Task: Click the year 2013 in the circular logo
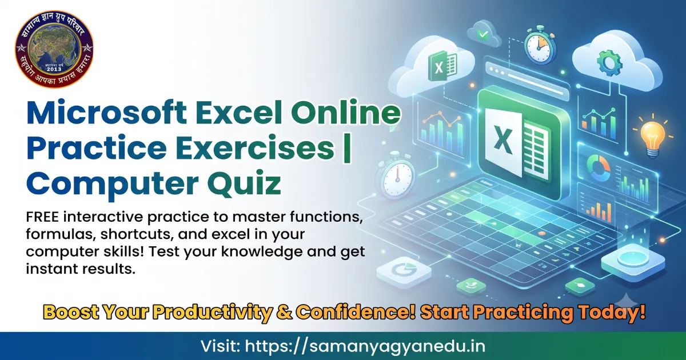(x=54, y=69)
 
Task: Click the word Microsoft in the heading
(x=107, y=113)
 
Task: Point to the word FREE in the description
(x=42, y=217)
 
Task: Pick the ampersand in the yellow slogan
(x=284, y=313)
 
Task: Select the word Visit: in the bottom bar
(x=221, y=346)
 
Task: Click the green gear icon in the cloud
(x=609, y=63)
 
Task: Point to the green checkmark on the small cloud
(x=484, y=34)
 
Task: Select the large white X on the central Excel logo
(x=503, y=142)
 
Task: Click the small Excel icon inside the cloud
(x=442, y=66)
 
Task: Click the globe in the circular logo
(x=54, y=50)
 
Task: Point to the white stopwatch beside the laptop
(x=398, y=178)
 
